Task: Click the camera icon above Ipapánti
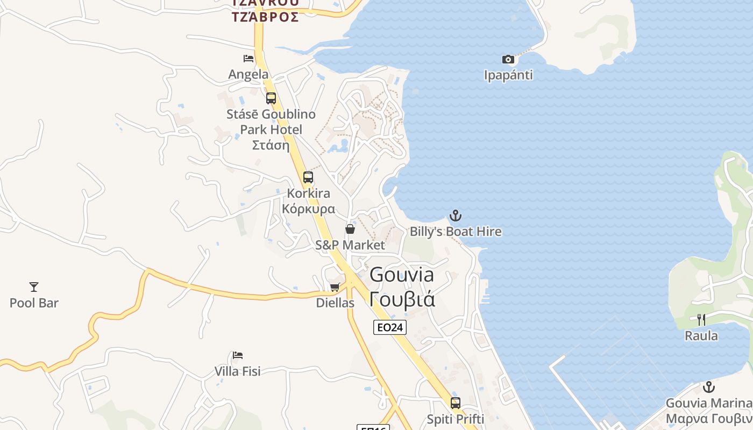[508, 59]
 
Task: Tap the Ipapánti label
[508, 75]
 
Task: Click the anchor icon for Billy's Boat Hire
[456, 216]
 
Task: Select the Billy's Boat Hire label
[456, 232]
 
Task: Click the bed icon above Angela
[248, 59]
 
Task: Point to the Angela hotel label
[248, 74]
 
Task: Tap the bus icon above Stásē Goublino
[271, 98]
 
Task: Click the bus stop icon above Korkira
[308, 177]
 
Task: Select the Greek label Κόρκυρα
[309, 209]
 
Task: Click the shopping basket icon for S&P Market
[350, 230]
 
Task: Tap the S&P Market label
[350, 245]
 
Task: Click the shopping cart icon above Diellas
[335, 287]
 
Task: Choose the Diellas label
[335, 303]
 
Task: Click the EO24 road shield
[390, 327]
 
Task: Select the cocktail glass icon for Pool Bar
[34, 287]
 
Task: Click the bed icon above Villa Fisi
[238, 355]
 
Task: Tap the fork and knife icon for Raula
[701, 320]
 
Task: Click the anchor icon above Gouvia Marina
[709, 387]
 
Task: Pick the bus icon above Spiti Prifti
[456, 403]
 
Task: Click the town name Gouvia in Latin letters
[402, 275]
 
